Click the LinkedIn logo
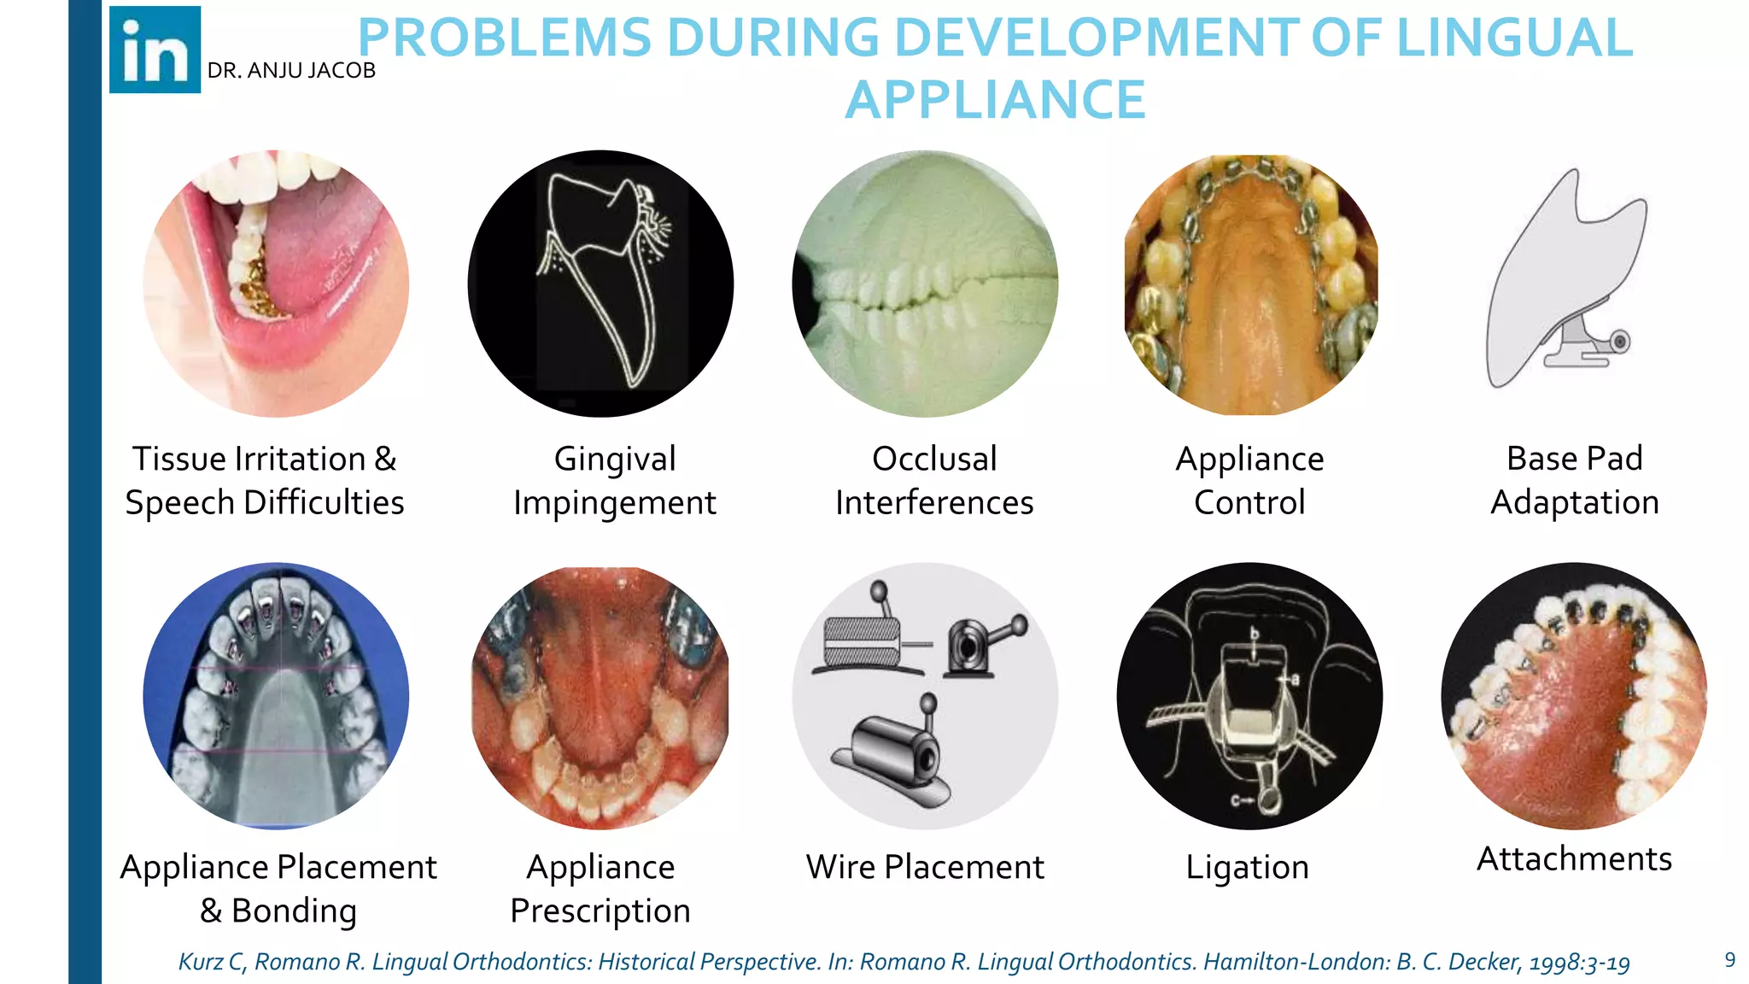[155, 50]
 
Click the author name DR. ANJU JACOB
[291, 71]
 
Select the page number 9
[1729, 960]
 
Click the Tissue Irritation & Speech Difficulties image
[276, 284]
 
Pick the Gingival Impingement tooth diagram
[600, 284]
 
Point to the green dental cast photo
[925, 284]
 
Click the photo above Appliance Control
[1250, 284]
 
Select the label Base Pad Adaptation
[1574, 480]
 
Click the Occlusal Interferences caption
[934, 480]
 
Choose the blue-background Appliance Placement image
[276, 695]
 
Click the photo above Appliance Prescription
[600, 697]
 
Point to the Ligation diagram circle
[1249, 695]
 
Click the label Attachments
[1574, 858]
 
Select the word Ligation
[1247, 867]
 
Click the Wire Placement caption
[925, 867]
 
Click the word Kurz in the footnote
[200, 963]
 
